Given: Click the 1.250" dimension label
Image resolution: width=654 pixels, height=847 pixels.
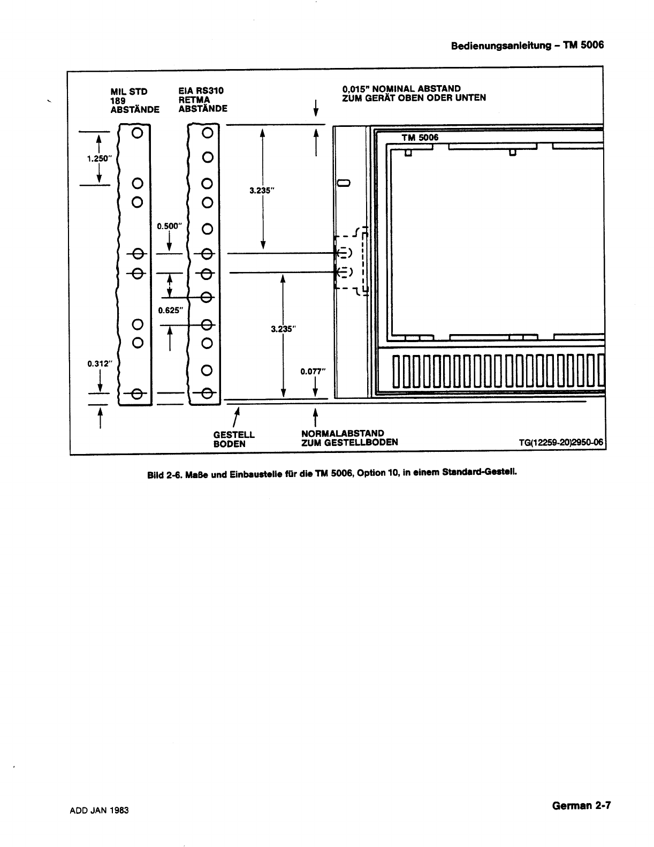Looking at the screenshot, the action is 98,158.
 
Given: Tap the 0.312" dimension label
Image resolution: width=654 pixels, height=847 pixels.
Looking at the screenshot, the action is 98,365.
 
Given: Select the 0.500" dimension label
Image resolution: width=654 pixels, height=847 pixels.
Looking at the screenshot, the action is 170,226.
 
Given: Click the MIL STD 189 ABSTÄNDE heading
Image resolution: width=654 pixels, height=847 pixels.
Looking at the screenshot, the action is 134,100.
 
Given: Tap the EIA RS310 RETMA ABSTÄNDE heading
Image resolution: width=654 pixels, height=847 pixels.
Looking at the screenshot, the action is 202,100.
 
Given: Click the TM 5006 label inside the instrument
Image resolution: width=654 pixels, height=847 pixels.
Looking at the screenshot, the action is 420,138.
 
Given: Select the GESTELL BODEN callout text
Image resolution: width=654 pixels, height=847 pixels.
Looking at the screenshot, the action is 234,439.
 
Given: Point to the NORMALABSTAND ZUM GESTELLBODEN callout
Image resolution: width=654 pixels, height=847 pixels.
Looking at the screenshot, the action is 349,437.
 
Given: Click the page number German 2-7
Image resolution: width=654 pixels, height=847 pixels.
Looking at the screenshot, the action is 581,806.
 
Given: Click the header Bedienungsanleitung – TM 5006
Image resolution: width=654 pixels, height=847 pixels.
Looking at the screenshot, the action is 527,45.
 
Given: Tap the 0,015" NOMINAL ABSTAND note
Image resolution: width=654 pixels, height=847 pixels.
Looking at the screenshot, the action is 414,93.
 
